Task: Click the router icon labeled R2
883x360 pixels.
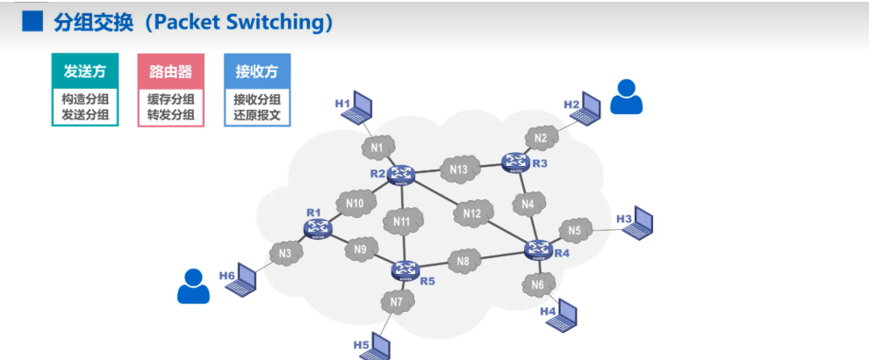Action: pos(403,172)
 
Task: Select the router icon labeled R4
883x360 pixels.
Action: pos(537,250)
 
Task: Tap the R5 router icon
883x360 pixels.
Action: pos(405,269)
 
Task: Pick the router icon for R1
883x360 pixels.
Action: pos(318,227)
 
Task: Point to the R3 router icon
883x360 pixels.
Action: pos(515,161)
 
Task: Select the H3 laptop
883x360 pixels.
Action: pos(642,222)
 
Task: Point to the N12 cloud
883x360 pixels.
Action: pos(473,213)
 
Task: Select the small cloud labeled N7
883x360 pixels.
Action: pos(397,303)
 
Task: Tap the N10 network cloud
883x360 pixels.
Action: pos(355,204)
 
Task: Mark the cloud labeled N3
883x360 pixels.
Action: pos(285,254)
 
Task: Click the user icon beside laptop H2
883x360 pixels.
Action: pos(626,97)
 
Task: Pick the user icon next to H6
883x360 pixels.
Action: pos(193,286)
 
